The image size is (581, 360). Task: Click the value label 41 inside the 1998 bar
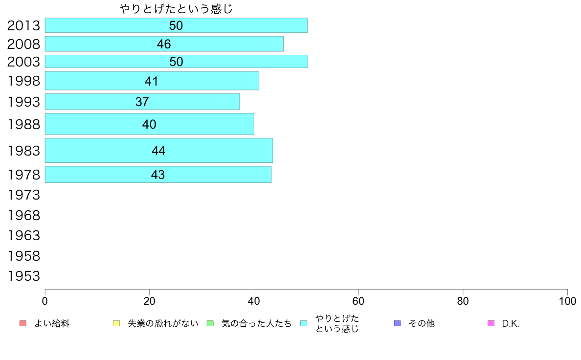(x=152, y=81)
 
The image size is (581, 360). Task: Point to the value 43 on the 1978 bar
(x=158, y=175)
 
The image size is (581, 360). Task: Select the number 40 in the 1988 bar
(x=149, y=124)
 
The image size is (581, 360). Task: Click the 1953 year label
(x=23, y=276)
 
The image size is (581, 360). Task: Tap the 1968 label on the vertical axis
(x=23, y=215)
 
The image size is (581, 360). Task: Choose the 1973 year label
(x=23, y=195)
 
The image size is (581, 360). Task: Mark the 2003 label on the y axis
(x=23, y=62)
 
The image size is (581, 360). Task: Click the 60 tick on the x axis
(x=358, y=301)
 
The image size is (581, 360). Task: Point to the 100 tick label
(x=567, y=301)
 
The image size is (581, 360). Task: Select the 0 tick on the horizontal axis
(x=45, y=301)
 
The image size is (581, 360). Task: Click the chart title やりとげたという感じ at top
(x=176, y=9)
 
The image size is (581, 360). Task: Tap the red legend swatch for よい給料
(x=22, y=323)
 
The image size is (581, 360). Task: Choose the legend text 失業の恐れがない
(x=163, y=323)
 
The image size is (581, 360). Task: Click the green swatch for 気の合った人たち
(x=210, y=323)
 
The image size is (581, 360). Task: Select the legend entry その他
(x=421, y=323)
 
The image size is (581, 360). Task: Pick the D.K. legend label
(x=511, y=323)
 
